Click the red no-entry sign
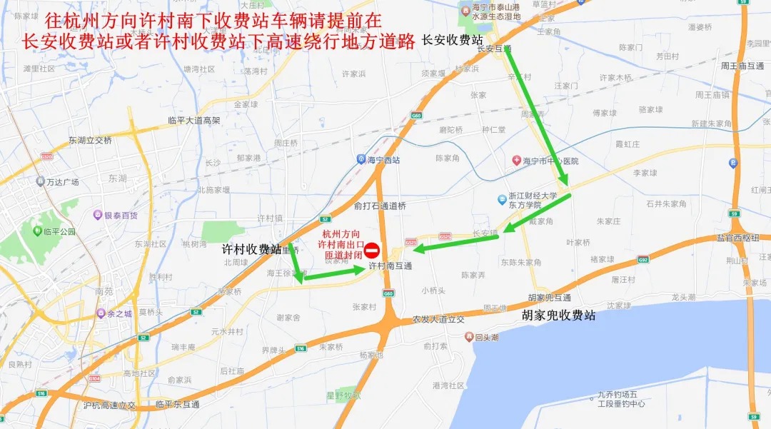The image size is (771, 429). (372, 251)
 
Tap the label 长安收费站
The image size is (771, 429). (453, 39)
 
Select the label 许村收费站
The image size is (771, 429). (251, 249)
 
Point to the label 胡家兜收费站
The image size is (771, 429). (558, 315)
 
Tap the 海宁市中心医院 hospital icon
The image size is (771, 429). (516, 161)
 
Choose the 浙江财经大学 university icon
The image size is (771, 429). (503, 199)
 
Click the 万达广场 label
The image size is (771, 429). (62, 182)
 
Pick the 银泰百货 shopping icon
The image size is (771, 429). (98, 215)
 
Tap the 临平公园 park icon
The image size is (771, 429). (35, 231)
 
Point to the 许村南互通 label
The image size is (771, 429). (390, 266)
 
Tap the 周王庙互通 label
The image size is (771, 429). (742, 66)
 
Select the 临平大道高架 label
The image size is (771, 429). (194, 121)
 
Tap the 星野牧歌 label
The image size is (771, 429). (343, 395)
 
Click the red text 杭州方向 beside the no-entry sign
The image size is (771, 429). (341, 233)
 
